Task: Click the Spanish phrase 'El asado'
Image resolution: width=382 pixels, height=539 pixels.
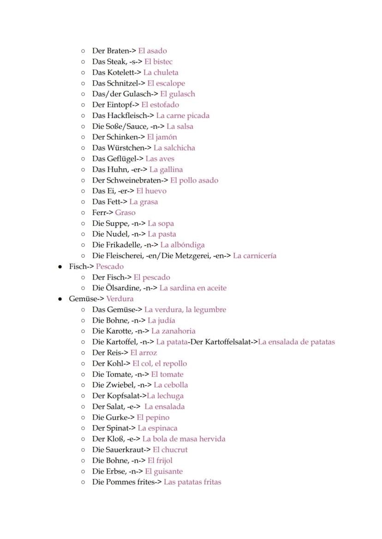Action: pos(152,51)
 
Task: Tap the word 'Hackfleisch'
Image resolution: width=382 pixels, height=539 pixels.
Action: pos(127,115)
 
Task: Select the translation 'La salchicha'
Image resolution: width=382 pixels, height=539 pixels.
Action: pos(174,148)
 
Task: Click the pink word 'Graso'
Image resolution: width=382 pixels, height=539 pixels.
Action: pos(125,213)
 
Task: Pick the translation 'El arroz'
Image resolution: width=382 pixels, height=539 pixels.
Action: pos(143,353)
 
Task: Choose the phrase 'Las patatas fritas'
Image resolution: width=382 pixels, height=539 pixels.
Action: pos(192,482)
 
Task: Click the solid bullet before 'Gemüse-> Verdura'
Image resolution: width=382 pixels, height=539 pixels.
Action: pos(60,299)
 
